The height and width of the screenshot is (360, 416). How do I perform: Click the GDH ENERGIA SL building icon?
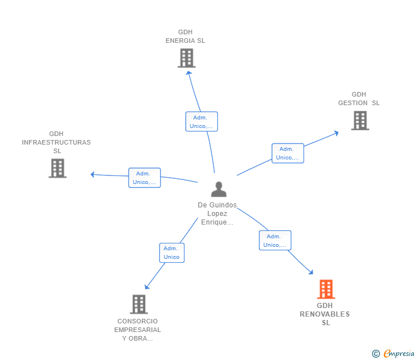click(186, 58)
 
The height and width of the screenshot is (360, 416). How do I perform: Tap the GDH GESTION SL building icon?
click(360, 121)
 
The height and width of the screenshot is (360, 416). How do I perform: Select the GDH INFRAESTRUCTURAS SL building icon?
click(58, 168)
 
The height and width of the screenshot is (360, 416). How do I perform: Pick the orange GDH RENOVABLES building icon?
click(326, 289)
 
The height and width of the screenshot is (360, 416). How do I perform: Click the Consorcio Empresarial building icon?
click(139, 305)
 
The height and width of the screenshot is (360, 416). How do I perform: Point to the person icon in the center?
click(219, 189)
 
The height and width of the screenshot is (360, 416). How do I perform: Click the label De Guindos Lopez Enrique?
click(217, 214)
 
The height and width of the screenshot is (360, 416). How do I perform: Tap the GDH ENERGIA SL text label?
click(185, 37)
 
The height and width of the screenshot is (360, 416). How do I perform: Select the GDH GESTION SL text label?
click(359, 99)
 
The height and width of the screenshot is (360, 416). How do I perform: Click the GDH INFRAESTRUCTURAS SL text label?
click(56, 142)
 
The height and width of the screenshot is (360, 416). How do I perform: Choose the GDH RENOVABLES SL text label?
click(325, 314)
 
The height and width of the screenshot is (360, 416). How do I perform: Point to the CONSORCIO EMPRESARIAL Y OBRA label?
click(137, 330)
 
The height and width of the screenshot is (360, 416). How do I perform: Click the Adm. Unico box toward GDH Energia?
click(202, 122)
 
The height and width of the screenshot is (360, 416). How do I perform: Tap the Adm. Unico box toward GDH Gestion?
click(288, 153)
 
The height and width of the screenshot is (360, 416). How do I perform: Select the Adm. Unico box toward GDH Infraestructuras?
click(145, 178)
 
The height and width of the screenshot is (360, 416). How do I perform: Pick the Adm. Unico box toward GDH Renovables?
click(275, 241)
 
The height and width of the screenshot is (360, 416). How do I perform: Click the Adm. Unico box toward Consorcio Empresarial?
click(172, 253)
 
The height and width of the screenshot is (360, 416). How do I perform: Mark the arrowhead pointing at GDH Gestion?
click(337, 133)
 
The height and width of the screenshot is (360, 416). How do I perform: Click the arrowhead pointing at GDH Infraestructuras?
click(93, 174)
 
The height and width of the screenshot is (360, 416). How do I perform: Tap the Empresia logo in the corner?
click(393, 353)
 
